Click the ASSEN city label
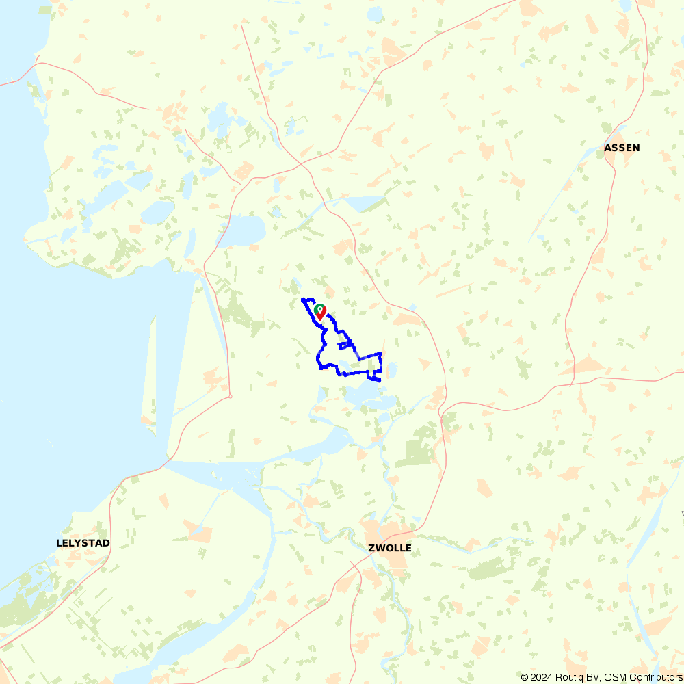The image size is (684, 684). (x=622, y=148)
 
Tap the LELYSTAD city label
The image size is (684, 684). (x=83, y=543)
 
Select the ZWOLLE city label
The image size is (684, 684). (x=390, y=548)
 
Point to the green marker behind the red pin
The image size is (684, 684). (x=319, y=308)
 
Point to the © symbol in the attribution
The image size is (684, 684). (x=525, y=677)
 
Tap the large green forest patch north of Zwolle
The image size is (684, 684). (x=419, y=452)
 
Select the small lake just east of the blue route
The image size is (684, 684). (x=392, y=371)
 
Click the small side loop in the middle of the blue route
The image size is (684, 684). (x=344, y=345)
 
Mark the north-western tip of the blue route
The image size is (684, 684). (x=303, y=300)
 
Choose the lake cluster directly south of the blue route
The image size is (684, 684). (x=363, y=397)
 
